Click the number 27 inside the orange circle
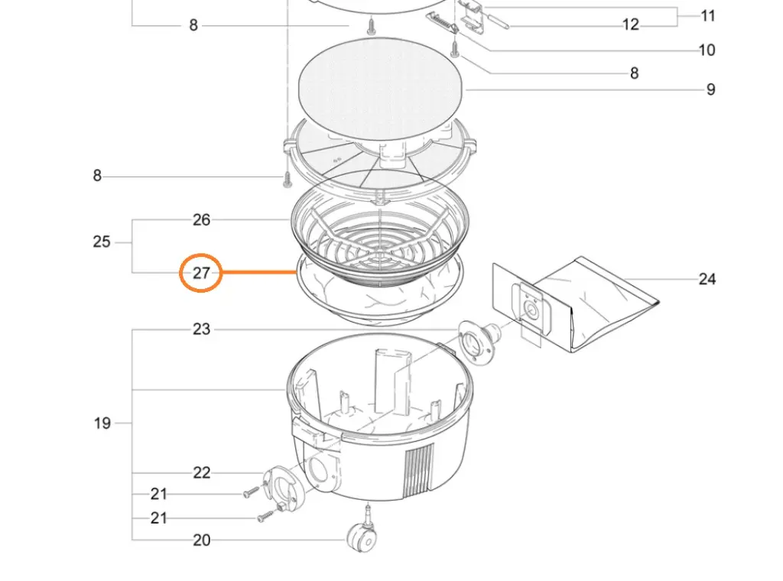[x=200, y=273]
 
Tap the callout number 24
[x=707, y=279]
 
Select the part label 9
[x=710, y=90]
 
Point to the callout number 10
[x=707, y=50]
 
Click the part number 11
[x=707, y=15]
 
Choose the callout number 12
[x=630, y=24]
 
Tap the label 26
[x=200, y=220]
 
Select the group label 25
[x=102, y=242]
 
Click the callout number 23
[x=200, y=329]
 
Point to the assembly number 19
[x=102, y=423]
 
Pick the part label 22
[x=200, y=472]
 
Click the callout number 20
[x=200, y=540]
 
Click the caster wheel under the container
[x=362, y=539]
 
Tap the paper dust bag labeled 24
[x=604, y=302]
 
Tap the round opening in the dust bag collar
[x=528, y=310]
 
